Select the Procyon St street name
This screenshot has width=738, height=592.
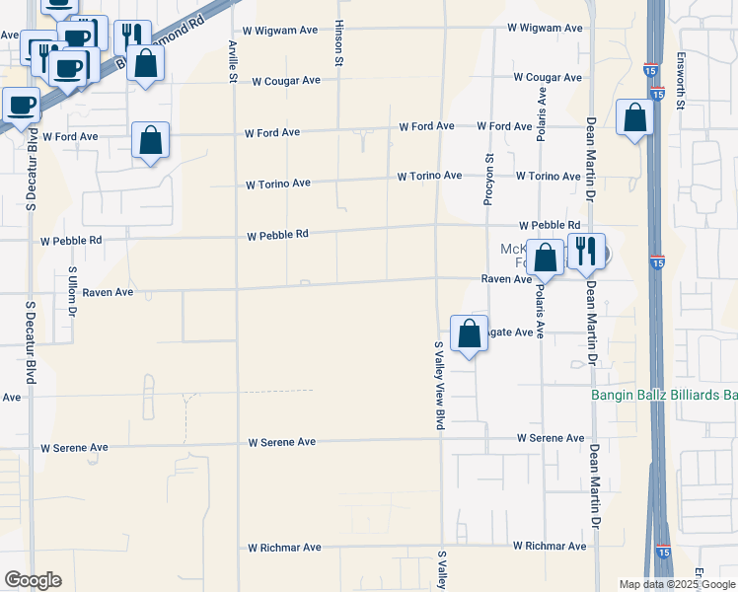[x=488, y=180]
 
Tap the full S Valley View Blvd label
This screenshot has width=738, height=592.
[x=440, y=385]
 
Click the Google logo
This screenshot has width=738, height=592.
[x=33, y=580]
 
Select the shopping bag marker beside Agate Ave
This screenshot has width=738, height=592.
[x=471, y=333]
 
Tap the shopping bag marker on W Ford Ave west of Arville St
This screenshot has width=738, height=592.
[x=150, y=141]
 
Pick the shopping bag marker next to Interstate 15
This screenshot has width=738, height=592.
[x=634, y=117]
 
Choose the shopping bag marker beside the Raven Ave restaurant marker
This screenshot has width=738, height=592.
[x=545, y=258]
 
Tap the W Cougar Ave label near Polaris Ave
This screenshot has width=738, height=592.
[x=548, y=77]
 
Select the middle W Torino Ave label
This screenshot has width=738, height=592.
[x=429, y=176]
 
